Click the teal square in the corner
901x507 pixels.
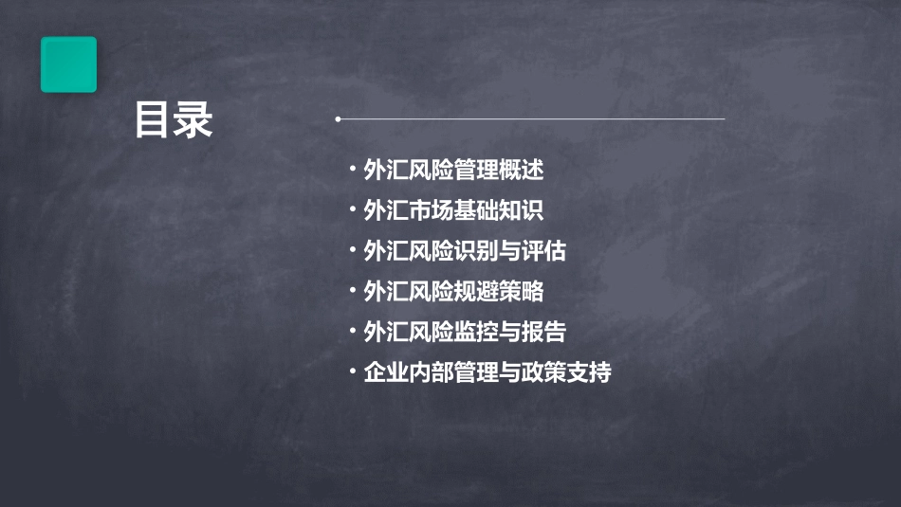68,64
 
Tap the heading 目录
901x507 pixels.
174,121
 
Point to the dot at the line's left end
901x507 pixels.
338,119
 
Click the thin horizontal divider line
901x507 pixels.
531,119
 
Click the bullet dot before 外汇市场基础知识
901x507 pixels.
353,210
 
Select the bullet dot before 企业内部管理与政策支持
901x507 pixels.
353,371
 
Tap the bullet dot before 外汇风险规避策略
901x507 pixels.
353,291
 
